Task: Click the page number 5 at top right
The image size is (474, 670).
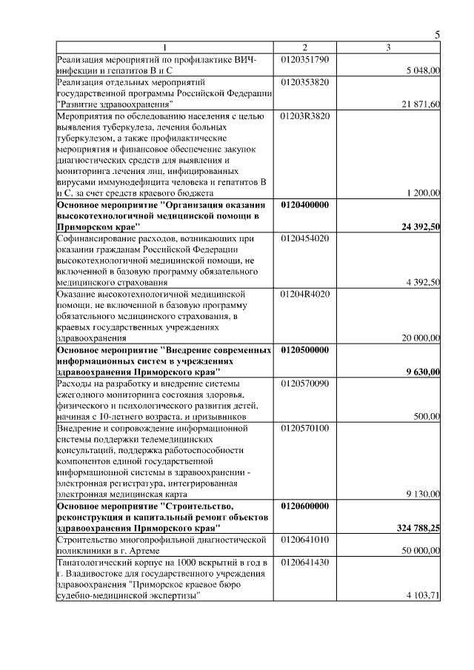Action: click(x=437, y=35)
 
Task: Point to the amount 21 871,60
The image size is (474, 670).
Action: click(x=421, y=104)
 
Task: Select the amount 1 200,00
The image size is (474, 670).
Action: click(x=424, y=193)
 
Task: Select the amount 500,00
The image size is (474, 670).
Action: click(x=427, y=417)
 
